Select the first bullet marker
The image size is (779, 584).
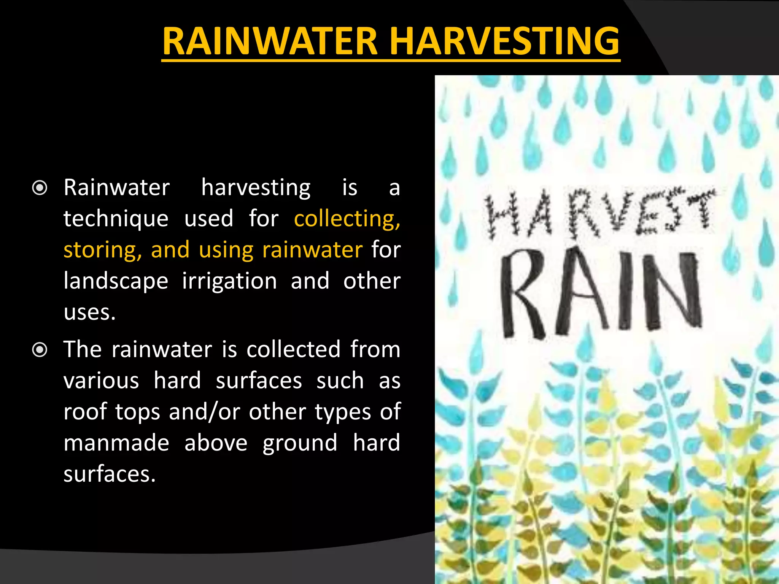[40, 188]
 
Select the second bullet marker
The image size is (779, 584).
[40, 350]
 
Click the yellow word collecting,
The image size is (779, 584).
[347, 219]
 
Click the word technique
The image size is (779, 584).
[116, 219]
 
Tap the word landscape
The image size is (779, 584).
[116, 282]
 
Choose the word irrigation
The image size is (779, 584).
[229, 282]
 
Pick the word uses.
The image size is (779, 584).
[89, 313]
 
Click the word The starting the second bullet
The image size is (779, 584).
[83, 349]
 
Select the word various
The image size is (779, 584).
[101, 381]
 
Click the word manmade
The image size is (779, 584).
[116, 443]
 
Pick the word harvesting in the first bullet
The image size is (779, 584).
[256, 188]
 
